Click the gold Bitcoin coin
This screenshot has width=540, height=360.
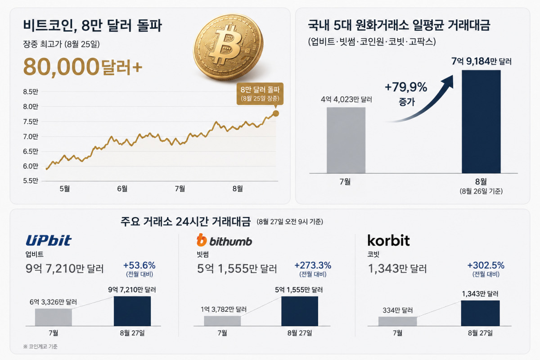click(228, 47)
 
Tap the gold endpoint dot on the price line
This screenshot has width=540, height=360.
click(276, 113)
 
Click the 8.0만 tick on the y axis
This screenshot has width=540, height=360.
click(31, 107)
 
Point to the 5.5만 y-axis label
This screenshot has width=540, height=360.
click(31, 180)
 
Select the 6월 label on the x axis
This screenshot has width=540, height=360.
click(122, 189)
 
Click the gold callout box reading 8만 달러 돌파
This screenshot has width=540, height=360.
click(260, 94)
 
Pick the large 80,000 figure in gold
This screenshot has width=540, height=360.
click(61, 66)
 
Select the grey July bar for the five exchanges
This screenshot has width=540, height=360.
click(346, 140)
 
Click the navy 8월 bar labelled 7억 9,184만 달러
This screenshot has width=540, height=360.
click(481, 121)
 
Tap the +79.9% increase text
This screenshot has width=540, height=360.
click(406, 87)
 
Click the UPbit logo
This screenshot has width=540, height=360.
click(49, 240)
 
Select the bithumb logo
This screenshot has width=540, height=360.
click(225, 240)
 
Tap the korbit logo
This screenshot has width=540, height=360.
click(388, 240)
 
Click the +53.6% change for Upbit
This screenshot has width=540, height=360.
click(139, 265)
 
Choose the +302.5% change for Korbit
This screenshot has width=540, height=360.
click(486, 265)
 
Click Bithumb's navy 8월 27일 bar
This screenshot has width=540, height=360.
click(300, 311)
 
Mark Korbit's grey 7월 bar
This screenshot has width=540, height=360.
click(397, 321)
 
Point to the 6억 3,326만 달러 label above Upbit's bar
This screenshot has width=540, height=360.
click(53, 302)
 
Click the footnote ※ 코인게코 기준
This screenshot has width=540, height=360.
click(40, 346)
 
